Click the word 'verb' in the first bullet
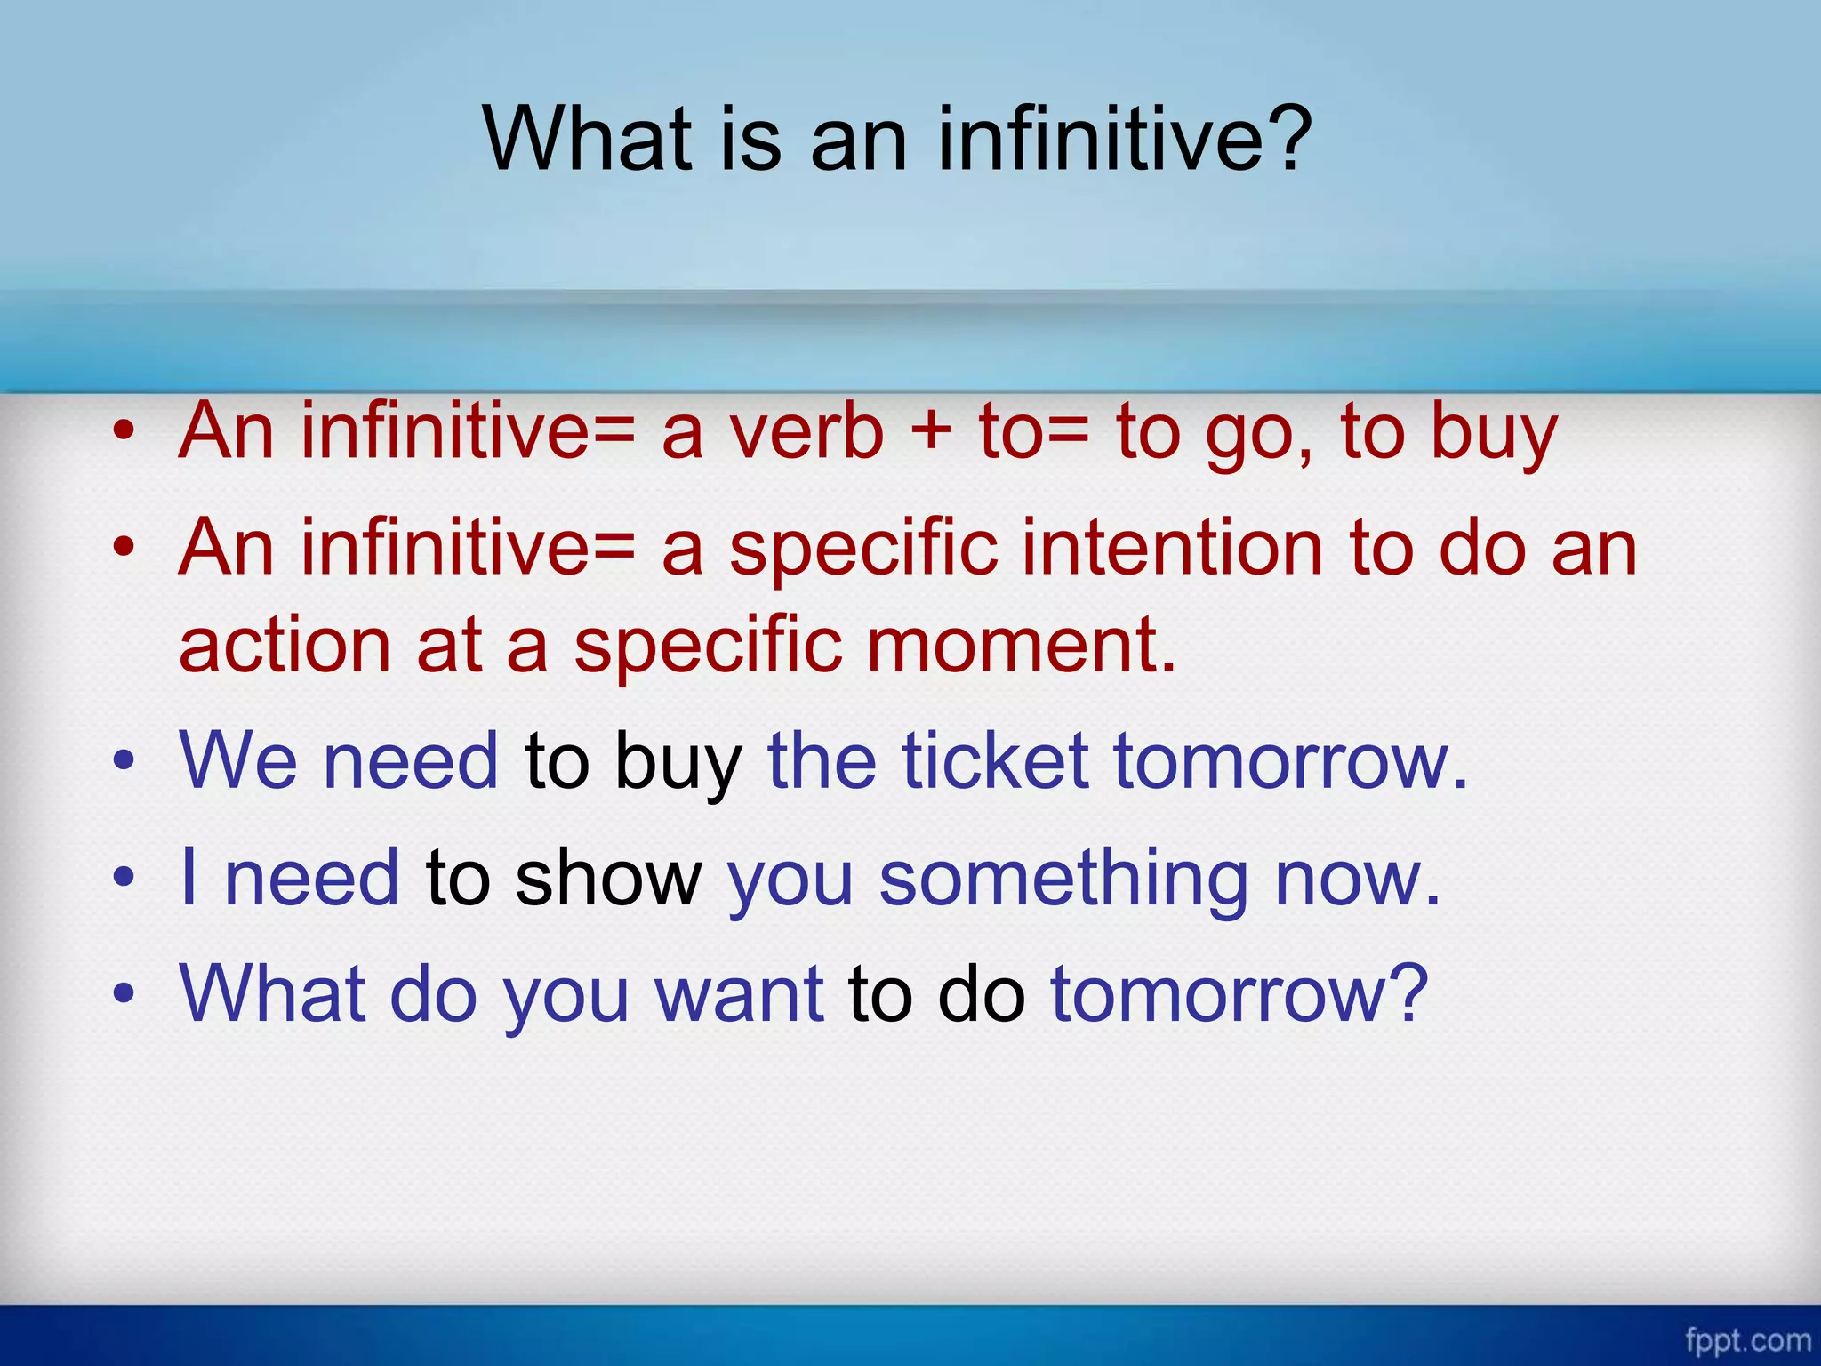coord(807,432)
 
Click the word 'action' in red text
coord(285,646)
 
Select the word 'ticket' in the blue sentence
coord(995,761)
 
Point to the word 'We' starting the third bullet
coord(238,761)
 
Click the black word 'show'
coord(609,879)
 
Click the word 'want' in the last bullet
coord(739,994)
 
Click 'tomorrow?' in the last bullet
coord(1239,994)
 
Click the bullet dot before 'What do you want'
coord(124,994)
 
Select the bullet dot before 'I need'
coord(124,878)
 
